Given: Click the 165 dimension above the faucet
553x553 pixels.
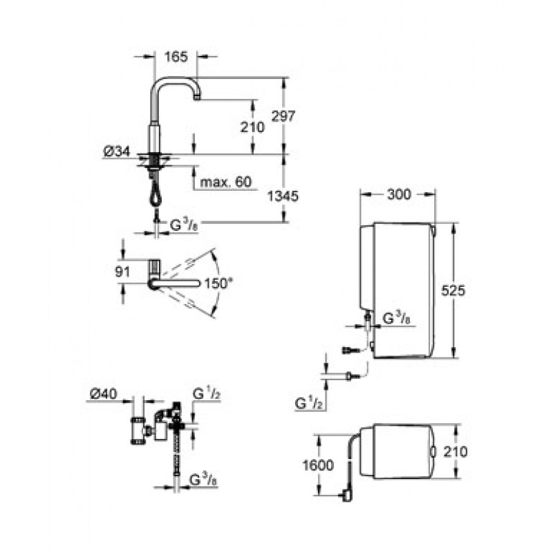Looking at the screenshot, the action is click(176, 57).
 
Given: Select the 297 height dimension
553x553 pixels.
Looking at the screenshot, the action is click(283, 115).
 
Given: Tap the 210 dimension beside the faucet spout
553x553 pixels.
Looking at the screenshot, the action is click(252, 127).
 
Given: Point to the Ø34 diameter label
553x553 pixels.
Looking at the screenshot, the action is click(117, 151).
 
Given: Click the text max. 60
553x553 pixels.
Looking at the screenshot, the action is click(226, 182).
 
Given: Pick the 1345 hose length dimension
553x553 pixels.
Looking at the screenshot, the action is click(283, 196).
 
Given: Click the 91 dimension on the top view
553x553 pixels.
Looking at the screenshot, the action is click(123, 272).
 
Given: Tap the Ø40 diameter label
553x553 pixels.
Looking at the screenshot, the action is click(103, 393).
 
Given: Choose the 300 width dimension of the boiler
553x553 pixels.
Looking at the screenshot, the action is click(399, 194).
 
